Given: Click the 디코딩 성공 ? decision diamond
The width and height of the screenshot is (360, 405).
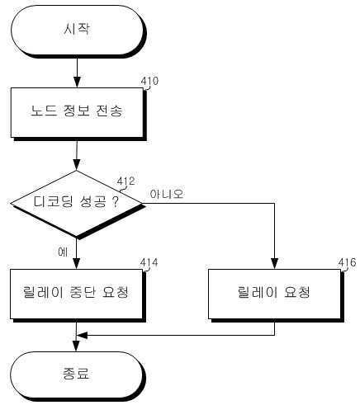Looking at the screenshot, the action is click(x=77, y=204).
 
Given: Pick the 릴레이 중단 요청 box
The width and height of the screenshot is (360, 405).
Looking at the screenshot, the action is click(x=77, y=294).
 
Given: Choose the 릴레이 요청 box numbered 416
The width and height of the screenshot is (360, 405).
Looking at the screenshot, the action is click(x=275, y=294).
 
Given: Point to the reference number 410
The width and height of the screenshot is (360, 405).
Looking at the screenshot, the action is click(x=149, y=81).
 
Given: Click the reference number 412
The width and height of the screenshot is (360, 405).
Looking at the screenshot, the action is click(x=126, y=181).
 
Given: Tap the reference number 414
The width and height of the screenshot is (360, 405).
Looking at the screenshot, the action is click(x=149, y=262).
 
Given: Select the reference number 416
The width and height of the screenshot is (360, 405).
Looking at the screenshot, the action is click(x=348, y=262).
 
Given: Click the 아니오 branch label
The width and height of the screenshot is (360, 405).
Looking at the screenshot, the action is click(x=167, y=194).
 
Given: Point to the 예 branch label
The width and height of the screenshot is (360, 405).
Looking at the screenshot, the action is click(x=63, y=252).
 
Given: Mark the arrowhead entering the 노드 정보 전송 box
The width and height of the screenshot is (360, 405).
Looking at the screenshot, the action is click(x=77, y=82).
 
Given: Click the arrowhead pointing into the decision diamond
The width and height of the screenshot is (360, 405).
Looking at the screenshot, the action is click(x=77, y=165).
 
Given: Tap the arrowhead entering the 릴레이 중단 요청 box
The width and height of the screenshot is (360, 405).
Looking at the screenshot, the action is click(x=77, y=263).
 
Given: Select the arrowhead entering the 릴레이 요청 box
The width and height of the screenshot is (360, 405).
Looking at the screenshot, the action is click(x=274, y=263).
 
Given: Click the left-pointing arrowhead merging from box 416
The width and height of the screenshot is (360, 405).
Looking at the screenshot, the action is click(x=82, y=336).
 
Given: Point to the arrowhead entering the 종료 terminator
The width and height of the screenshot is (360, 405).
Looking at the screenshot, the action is click(x=76, y=346).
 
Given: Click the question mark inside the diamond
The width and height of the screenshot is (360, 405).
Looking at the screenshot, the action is click(x=116, y=202).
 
